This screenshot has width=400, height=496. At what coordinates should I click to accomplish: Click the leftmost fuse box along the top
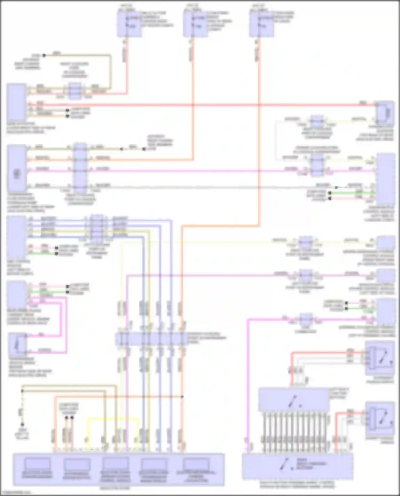tap(129, 24)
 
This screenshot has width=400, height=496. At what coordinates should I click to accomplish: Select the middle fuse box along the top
tap(195, 24)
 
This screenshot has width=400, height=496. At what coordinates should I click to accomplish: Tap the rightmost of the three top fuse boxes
tap(262, 24)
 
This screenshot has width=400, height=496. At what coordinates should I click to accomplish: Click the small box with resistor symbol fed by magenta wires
tap(18, 344)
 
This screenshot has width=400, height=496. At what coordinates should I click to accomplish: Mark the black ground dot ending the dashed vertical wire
tap(22, 424)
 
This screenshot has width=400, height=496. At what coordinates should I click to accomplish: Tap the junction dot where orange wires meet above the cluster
tap(182, 397)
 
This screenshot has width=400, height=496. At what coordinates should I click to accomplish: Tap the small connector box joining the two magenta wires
tap(306, 319)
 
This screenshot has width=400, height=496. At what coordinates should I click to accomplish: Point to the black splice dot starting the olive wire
tap(44, 55)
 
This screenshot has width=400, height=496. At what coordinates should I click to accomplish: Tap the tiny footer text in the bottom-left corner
tap(16, 493)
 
